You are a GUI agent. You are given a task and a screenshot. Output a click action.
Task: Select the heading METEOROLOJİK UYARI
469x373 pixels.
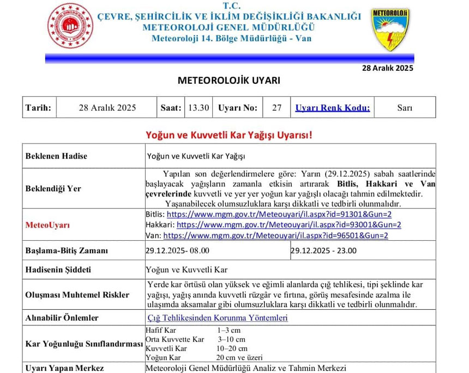(229, 81)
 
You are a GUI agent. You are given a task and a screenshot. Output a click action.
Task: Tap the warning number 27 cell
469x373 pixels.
(276, 107)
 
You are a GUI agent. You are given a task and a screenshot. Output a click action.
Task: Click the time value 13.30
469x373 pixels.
(199, 107)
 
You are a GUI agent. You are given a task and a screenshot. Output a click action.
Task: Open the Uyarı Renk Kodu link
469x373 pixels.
(332, 107)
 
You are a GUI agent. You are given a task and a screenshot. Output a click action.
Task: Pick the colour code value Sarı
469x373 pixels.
(404, 107)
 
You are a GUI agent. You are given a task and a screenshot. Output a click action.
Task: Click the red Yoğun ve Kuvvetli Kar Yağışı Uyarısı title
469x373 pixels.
(229, 134)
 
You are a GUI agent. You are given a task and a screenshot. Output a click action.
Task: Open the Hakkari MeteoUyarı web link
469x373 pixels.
(289, 225)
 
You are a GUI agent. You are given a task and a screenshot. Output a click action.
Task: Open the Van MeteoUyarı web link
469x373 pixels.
(275, 235)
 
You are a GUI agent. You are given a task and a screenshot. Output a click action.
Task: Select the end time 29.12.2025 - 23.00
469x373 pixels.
(324, 250)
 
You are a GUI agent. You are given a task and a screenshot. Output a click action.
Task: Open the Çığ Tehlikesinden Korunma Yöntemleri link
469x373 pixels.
(217, 318)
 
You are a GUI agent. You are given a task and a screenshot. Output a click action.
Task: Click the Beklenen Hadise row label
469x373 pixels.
(56, 156)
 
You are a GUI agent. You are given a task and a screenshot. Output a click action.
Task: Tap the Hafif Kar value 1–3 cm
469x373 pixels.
(229, 331)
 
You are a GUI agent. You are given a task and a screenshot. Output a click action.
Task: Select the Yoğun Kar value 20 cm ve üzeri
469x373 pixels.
(239, 357)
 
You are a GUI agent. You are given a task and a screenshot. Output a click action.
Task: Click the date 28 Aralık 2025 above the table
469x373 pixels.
(388, 68)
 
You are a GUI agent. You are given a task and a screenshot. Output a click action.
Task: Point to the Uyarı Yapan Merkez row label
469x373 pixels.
(64, 368)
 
